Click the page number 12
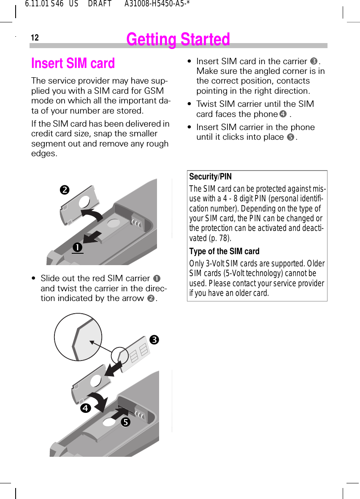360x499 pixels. pos(35,38)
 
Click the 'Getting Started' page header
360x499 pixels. pos(178,40)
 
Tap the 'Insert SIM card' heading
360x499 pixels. pos(73,63)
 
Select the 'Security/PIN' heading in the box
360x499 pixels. pos(210,176)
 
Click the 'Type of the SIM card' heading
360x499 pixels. pos(224,251)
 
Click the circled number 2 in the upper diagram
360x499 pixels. pos(65,190)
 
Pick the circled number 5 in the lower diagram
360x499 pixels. pos(125,422)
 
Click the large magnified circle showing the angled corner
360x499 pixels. pos(78,337)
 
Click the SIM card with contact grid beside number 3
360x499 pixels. pos(136,354)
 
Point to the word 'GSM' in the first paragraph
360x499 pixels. pos(154,91)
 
